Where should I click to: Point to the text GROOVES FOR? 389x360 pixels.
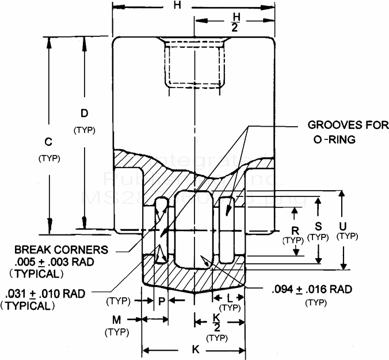point(348,126)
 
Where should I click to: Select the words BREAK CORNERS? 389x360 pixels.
point(61,250)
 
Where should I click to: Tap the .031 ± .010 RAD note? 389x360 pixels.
point(44,294)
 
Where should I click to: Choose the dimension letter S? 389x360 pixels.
point(317,226)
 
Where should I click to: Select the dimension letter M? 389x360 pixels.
point(116,320)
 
